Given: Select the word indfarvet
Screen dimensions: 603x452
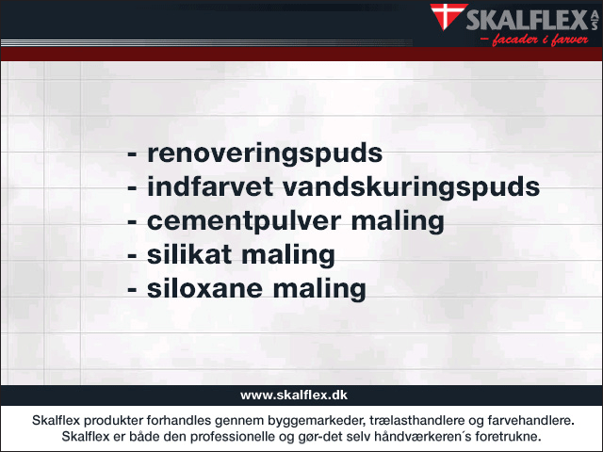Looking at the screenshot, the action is click(210, 186).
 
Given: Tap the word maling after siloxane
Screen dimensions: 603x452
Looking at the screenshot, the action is click(319, 290).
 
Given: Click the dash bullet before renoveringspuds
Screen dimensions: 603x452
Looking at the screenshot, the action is click(132, 155).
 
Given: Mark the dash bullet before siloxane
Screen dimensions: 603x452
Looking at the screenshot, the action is click(132, 291).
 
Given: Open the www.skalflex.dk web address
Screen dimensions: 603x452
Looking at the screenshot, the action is click(294, 395).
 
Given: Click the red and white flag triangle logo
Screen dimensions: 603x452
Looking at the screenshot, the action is click(448, 15).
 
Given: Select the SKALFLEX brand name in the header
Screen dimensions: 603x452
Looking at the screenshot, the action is click(527, 20).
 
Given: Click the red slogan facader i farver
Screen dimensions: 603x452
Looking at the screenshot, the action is click(534, 40).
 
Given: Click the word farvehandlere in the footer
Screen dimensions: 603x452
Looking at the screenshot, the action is click(530, 421).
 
